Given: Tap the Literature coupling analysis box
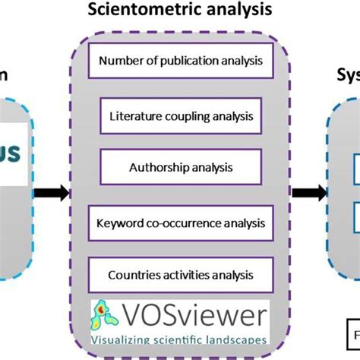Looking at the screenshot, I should pos(181,118).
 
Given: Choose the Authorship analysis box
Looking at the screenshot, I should pos(181,166).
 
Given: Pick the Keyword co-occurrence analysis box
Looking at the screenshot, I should pos(179,224).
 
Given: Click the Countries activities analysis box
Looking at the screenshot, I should pos(179,275).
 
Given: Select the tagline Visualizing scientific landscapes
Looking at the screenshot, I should pos(178,340).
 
